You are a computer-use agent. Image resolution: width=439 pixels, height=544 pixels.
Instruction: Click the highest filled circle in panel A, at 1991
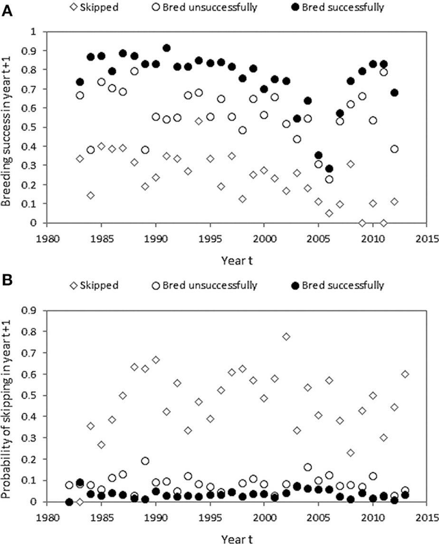pyautogui.click(x=166, y=48)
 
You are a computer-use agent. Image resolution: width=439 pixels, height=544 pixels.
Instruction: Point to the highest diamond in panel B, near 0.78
pyautogui.click(x=286, y=336)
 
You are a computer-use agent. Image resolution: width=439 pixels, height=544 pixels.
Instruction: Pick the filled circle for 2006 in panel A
pyautogui.click(x=329, y=169)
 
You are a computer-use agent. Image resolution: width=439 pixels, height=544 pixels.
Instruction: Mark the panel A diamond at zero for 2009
pyautogui.click(x=362, y=223)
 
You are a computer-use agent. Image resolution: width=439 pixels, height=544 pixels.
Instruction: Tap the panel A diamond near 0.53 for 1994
pyautogui.click(x=199, y=121)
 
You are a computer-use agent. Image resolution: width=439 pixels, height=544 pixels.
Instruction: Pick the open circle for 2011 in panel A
pyautogui.click(x=383, y=72)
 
